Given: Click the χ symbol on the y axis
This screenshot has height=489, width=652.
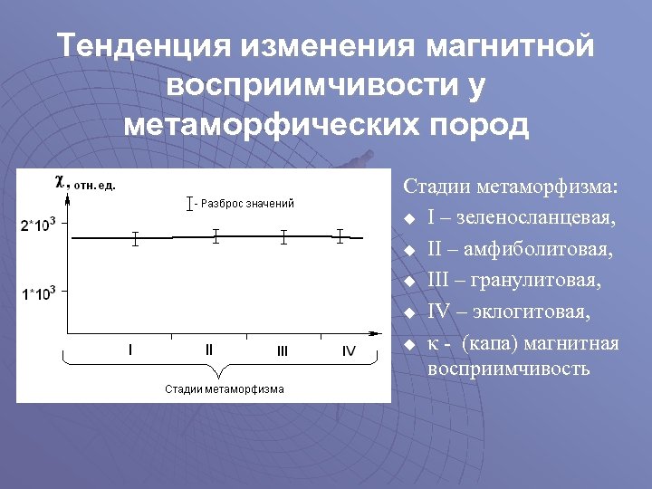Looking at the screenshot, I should click(60, 180).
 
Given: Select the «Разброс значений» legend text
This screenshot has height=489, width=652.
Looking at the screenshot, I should click(248, 204).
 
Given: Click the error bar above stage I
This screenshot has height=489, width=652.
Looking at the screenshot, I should click(135, 239).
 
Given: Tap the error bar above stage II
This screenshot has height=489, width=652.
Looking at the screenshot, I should click(216, 236).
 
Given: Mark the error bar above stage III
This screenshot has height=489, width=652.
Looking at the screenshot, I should click(283, 237).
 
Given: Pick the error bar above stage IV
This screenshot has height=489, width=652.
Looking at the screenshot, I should click(340, 236).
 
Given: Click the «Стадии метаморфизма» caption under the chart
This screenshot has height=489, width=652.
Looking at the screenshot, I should click(224, 389).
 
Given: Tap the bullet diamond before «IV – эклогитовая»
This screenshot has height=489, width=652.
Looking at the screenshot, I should click(409, 313).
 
